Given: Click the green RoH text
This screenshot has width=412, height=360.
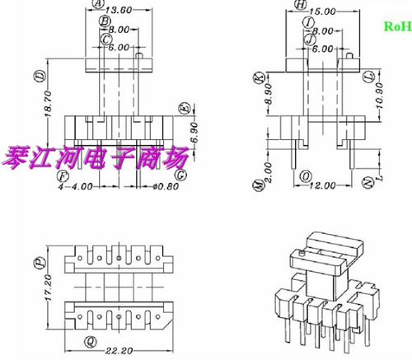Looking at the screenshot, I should [x=396, y=26].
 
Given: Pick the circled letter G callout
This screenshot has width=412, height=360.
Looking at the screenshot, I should [x=180, y=175].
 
